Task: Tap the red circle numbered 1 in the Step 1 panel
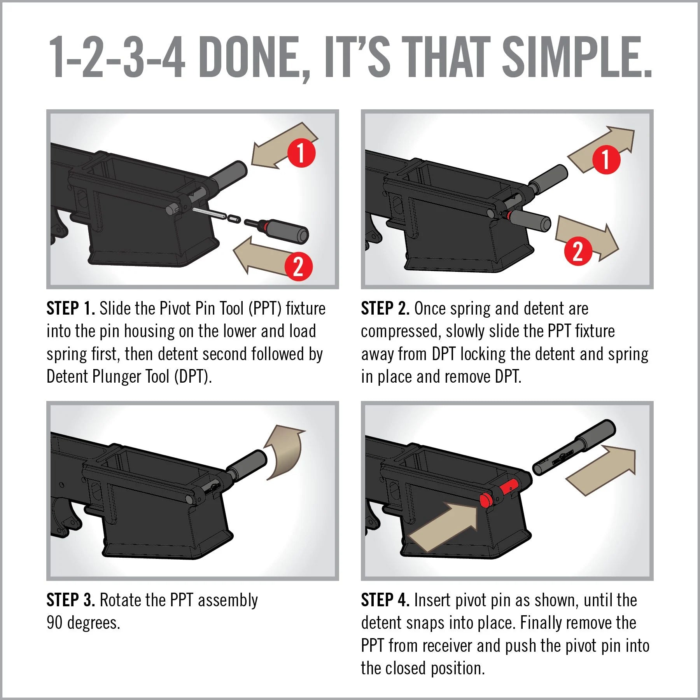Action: pyautogui.click(x=301, y=153)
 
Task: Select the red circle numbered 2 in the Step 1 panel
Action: pyautogui.click(x=298, y=267)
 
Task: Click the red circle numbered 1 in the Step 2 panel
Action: pyautogui.click(x=606, y=159)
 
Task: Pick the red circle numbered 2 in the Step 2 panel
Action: pyautogui.click(x=578, y=251)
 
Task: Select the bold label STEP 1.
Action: pyautogui.click(x=71, y=308)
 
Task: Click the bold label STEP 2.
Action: pyautogui.click(x=385, y=308)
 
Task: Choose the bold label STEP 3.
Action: pyautogui.click(x=71, y=600)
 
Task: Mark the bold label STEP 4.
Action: pyautogui.click(x=385, y=600)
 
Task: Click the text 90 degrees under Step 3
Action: pyautogui.click(x=83, y=623)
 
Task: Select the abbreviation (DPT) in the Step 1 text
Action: pyautogui.click(x=192, y=376)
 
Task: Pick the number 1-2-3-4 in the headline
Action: pyautogui.click(x=117, y=57)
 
